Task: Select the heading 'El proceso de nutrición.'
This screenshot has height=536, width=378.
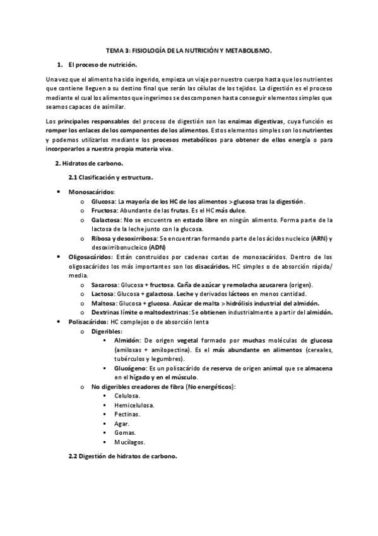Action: click(102, 65)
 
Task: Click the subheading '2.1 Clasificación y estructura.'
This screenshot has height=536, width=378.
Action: click(110, 178)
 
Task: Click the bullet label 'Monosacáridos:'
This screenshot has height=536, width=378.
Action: click(92, 192)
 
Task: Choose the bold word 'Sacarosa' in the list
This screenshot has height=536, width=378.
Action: click(104, 285)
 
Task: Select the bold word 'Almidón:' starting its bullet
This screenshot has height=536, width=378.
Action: click(127, 340)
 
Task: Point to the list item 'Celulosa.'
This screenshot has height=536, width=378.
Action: click(127, 396)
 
